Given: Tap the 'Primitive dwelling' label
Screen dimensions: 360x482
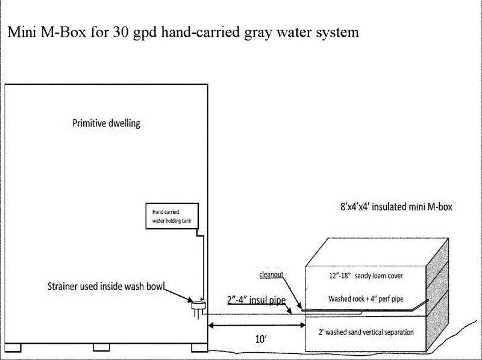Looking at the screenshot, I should pyautogui.click(x=106, y=124).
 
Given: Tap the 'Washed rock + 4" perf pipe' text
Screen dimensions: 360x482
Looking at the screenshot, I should pyautogui.click(x=366, y=298).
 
